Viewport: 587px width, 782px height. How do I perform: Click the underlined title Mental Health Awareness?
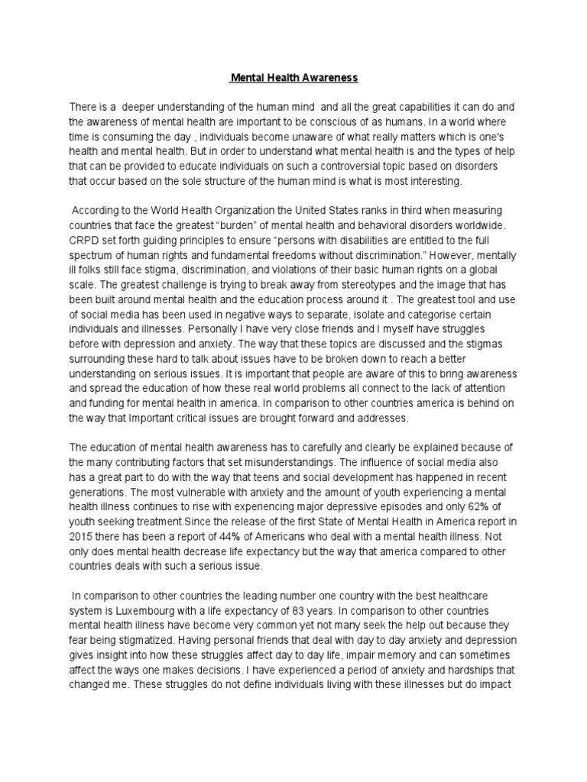[x=294, y=77]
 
